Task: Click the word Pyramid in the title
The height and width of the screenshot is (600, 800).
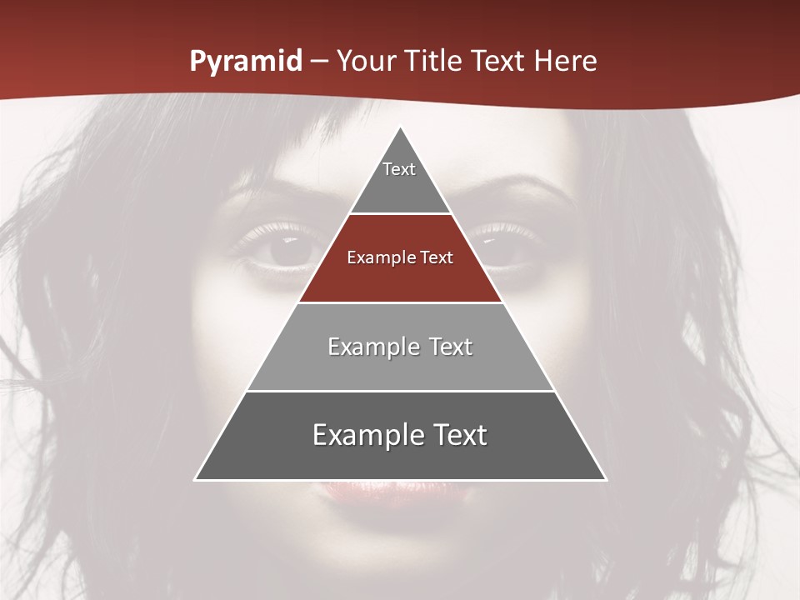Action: (245, 62)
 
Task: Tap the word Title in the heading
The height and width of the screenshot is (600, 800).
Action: (432, 62)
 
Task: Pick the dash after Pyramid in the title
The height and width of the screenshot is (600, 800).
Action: (318, 62)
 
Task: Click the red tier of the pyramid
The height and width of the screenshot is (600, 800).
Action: (400, 275)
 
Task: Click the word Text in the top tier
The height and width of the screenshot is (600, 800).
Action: (399, 169)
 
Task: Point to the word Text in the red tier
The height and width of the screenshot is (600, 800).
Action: (437, 257)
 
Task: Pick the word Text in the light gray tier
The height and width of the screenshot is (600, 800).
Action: (452, 347)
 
